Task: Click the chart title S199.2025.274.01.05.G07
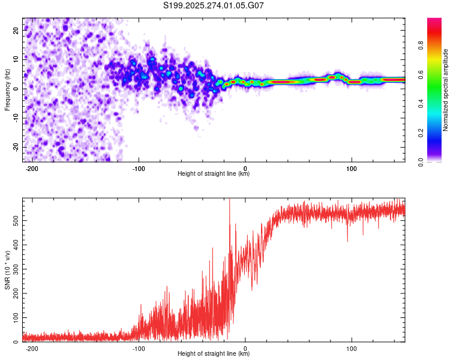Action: click(214, 5)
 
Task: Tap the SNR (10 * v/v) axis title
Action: click(7, 270)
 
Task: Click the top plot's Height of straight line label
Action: click(214, 174)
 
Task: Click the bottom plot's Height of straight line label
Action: click(214, 355)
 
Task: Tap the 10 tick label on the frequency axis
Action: click(16, 59)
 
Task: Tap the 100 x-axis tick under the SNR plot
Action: click(352, 348)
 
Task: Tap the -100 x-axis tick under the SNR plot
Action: click(139, 348)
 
